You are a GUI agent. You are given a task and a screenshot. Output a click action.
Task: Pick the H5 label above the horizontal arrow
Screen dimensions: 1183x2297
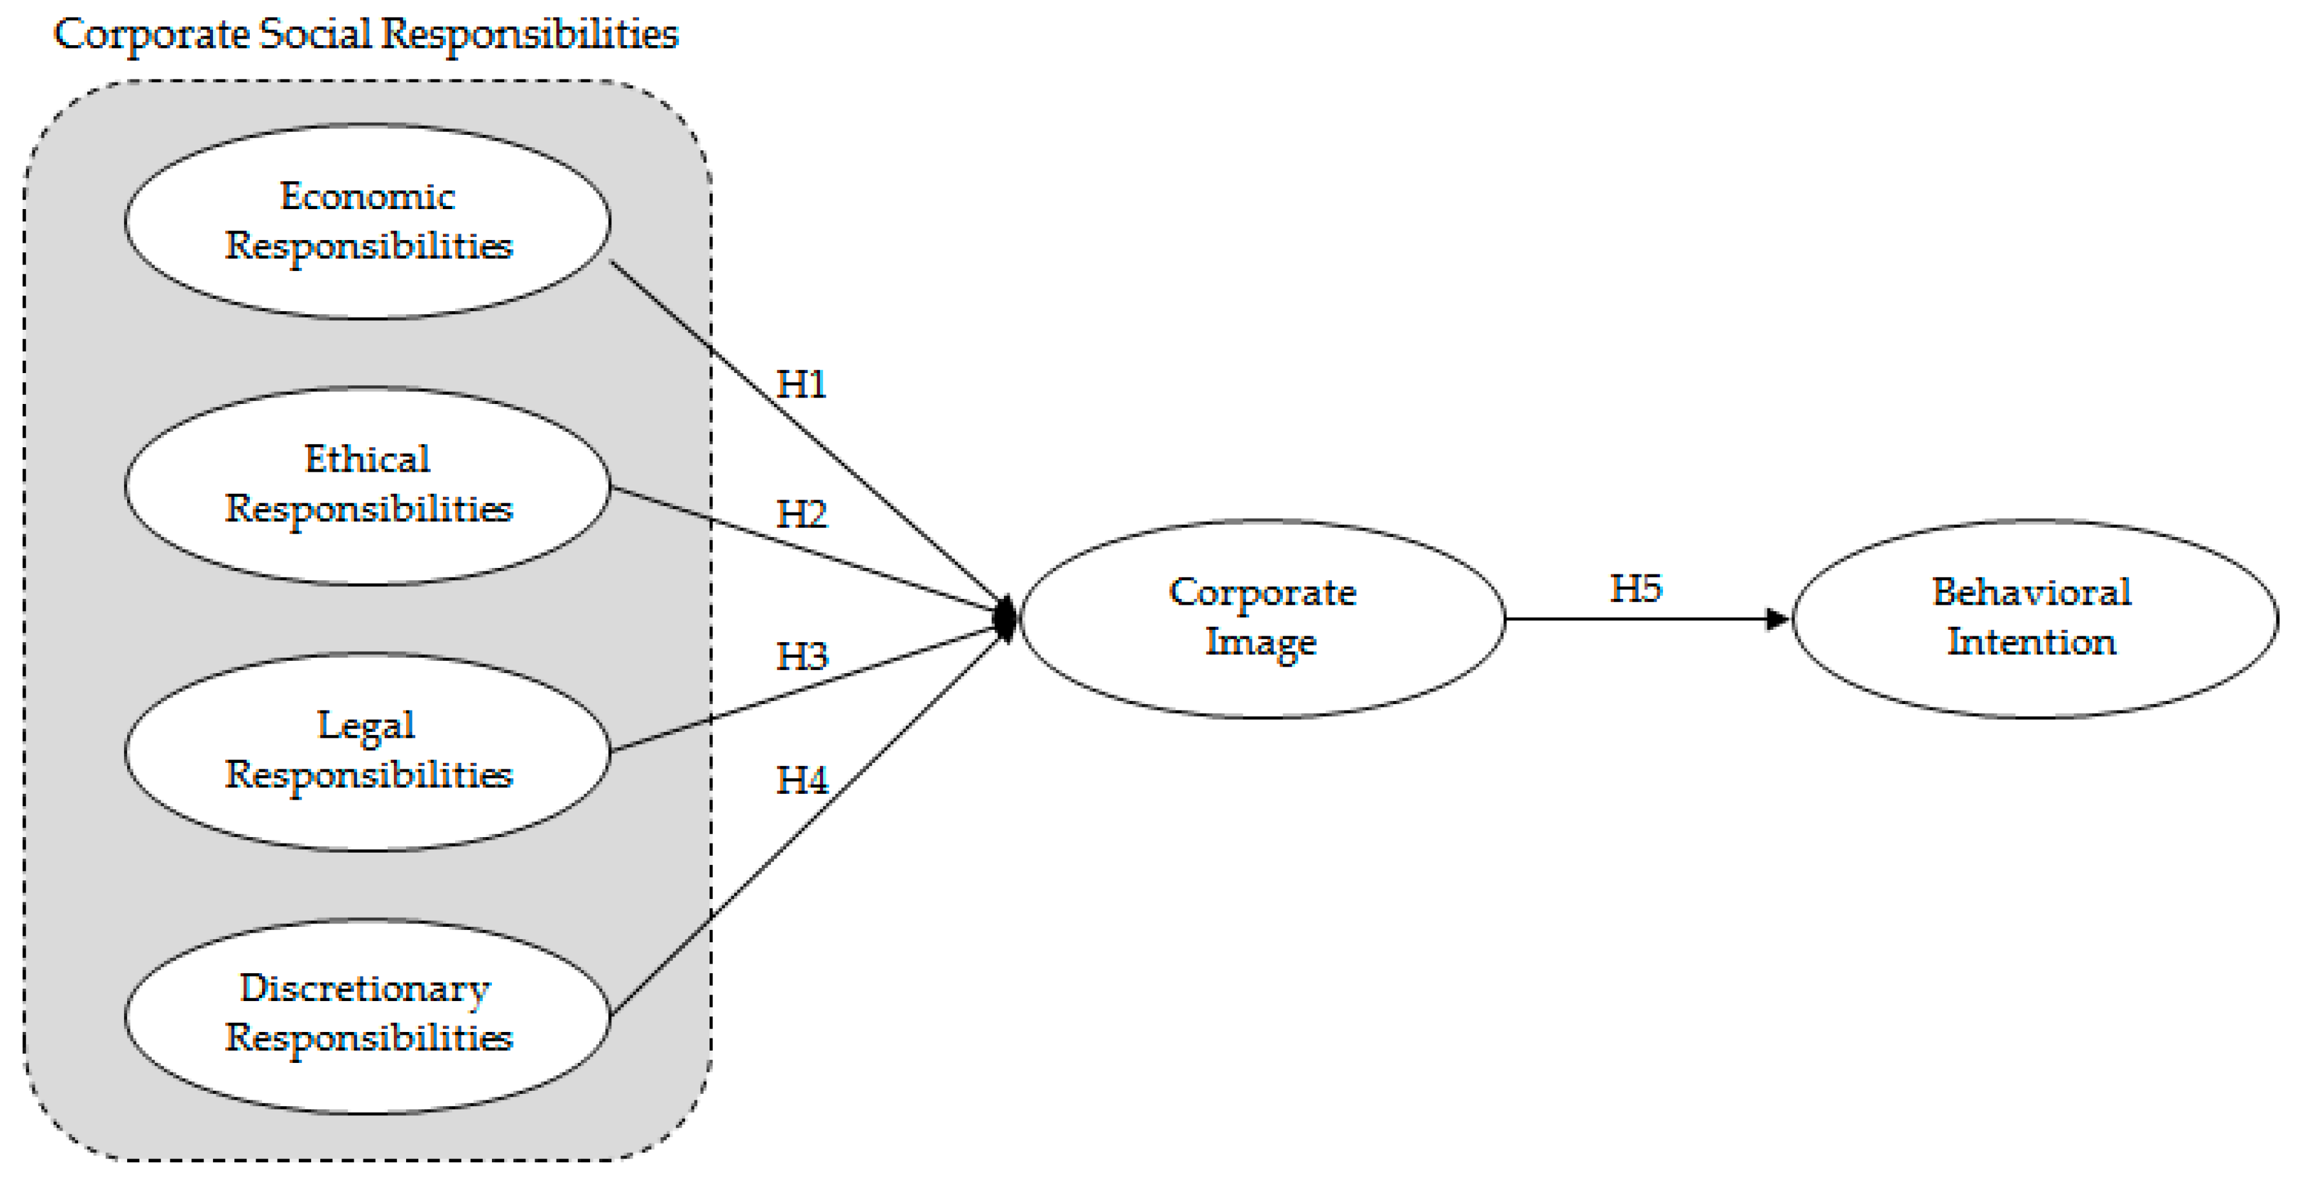(x=1635, y=589)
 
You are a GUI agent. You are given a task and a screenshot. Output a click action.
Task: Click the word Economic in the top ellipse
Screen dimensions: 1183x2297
(x=367, y=196)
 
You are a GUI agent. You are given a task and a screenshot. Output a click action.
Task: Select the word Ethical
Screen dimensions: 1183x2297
(x=367, y=459)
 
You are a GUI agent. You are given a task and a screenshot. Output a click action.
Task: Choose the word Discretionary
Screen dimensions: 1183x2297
(x=365, y=987)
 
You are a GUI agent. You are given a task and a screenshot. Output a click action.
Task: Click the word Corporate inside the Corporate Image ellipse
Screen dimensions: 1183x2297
(x=1263, y=593)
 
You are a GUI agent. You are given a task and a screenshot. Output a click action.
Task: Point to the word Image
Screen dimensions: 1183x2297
(x=1261, y=643)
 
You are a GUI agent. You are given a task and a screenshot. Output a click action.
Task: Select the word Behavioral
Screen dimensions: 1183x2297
(x=2031, y=593)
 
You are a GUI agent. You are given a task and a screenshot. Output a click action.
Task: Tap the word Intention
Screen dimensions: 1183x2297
(x=2031, y=642)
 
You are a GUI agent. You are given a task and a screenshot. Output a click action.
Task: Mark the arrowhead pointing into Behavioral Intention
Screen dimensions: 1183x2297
(x=1777, y=619)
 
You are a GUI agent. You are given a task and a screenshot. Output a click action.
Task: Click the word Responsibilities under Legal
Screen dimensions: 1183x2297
(x=368, y=774)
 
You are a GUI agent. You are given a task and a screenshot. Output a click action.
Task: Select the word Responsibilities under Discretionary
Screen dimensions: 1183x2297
(x=368, y=1038)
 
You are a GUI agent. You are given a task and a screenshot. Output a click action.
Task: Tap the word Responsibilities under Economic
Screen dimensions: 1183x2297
(x=368, y=246)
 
